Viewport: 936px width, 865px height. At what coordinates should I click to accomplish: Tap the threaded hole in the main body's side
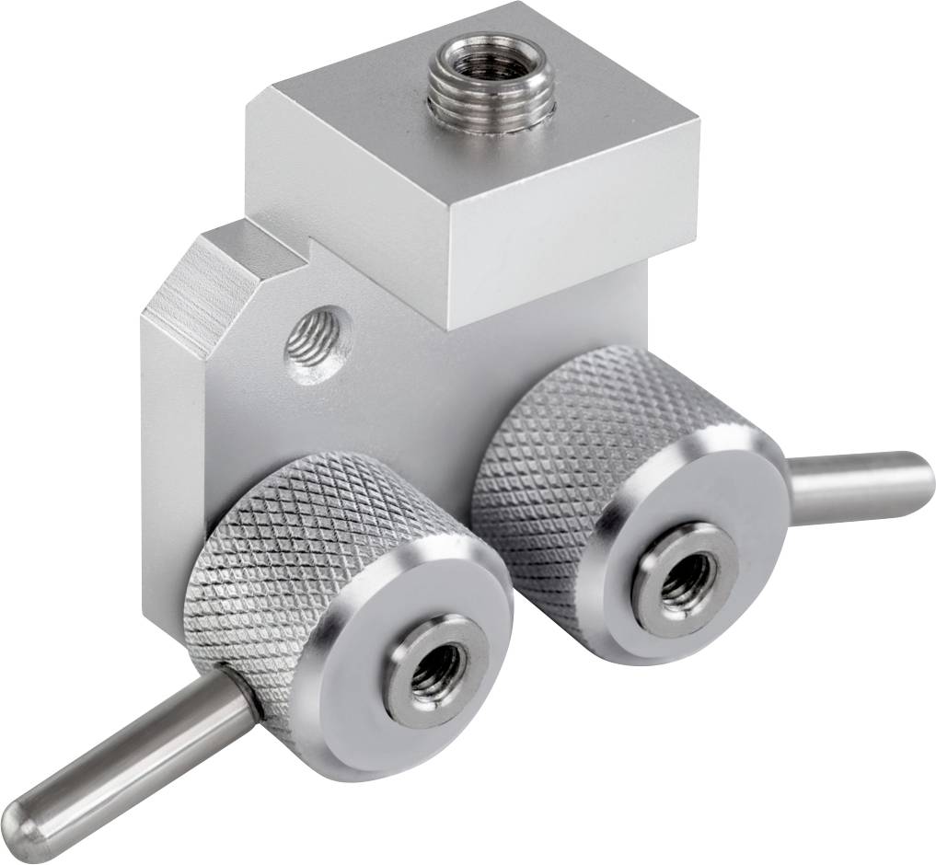point(314,345)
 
